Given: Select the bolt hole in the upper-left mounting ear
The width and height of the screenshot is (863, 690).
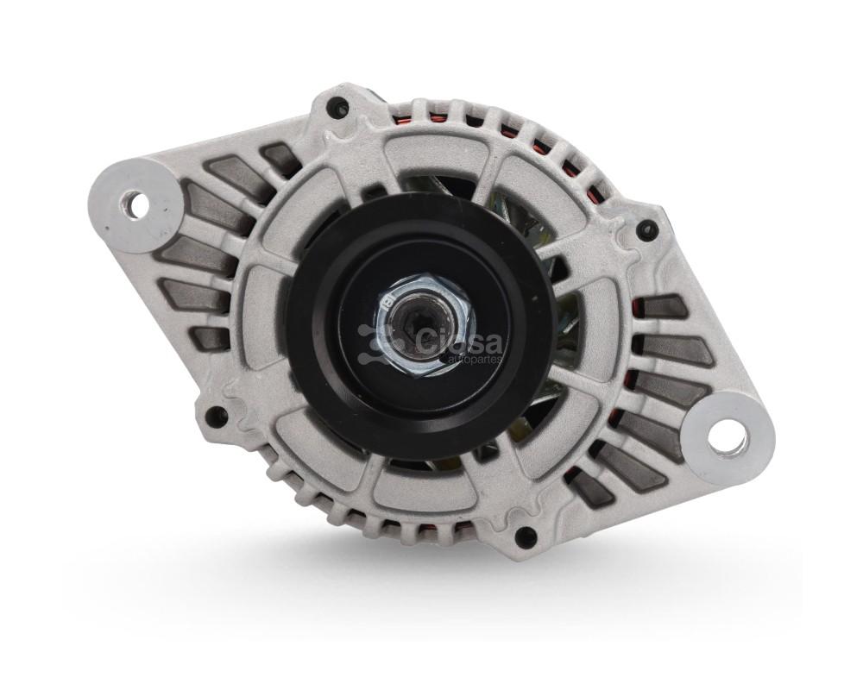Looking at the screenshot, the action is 135,204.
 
